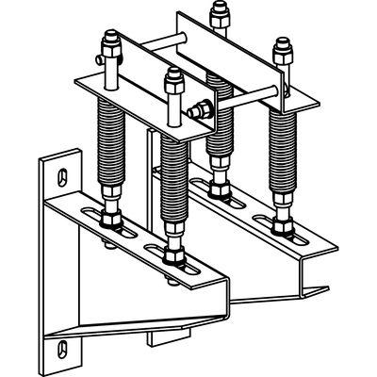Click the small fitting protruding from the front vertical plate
click(x=196, y=109)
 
